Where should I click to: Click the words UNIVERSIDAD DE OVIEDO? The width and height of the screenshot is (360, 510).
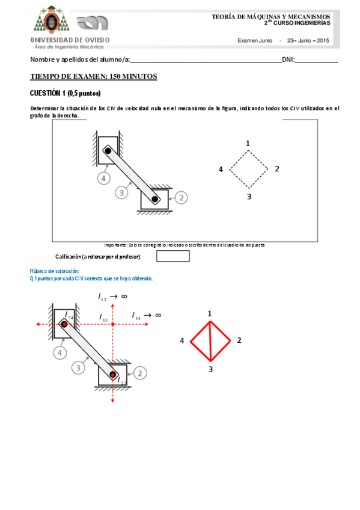(x=70, y=40)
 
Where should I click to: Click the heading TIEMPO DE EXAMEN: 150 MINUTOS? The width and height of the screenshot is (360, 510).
(x=93, y=76)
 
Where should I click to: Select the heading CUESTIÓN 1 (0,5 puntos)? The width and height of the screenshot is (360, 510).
(x=65, y=93)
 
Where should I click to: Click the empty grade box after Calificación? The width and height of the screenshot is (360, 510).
(x=172, y=256)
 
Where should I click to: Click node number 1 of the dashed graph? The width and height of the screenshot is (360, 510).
(x=248, y=143)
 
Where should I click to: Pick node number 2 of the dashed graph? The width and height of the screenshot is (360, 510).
(x=276, y=169)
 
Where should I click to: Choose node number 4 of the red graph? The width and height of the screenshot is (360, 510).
(x=182, y=341)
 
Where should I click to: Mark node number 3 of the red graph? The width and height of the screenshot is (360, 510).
(x=210, y=369)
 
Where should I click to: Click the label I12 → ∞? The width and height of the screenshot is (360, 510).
(x=112, y=297)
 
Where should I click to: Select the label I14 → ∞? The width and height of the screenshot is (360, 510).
(x=146, y=315)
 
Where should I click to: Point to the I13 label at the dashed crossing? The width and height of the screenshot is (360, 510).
(x=104, y=317)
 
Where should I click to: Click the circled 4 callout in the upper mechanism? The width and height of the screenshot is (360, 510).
(x=103, y=178)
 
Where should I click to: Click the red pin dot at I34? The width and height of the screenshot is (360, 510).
(x=64, y=324)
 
